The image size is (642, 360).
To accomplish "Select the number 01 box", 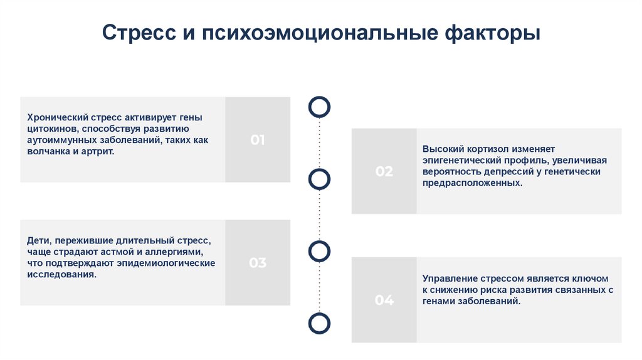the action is coord(258,140).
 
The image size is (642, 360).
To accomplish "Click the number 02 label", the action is coord(384,171).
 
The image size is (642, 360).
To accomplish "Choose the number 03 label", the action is coord(258,263).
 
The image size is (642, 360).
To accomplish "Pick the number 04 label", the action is coord(384,300).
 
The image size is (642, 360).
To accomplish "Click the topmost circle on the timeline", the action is coord(320,107).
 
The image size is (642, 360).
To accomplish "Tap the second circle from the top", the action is coord(320,179).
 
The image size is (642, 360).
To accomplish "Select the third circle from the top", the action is coord(320,250).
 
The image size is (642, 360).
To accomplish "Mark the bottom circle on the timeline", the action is coord(320,323).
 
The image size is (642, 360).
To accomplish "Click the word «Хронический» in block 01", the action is coord(56,117).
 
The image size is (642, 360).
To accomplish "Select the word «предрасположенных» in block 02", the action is coord(470,183).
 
